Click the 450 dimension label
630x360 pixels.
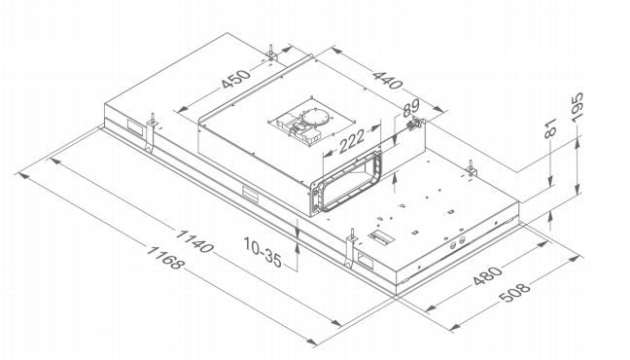pyautogui.click(x=236, y=79)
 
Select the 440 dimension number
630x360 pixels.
pyautogui.click(x=387, y=81)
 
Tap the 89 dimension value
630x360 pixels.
pyautogui.click(x=410, y=109)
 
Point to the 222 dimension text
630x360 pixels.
pyautogui.click(x=352, y=141)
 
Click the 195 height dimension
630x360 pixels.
pyautogui.click(x=577, y=107)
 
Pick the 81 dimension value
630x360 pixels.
pyautogui.click(x=550, y=128)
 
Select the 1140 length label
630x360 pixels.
pyautogui.click(x=194, y=241)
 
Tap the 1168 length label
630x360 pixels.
pyautogui.click(x=165, y=258)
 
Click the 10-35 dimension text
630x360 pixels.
pyautogui.click(x=262, y=252)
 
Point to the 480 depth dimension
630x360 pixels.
pyautogui.click(x=487, y=275)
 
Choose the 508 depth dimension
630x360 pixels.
pyautogui.click(x=514, y=293)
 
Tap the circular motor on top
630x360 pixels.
pyautogui.click(x=315, y=117)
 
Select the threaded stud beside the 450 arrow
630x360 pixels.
pyautogui.click(x=271, y=53)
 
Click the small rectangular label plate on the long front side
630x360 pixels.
pyautogui.click(x=250, y=193)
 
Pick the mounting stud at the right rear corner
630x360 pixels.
pyautogui.click(x=471, y=168)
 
